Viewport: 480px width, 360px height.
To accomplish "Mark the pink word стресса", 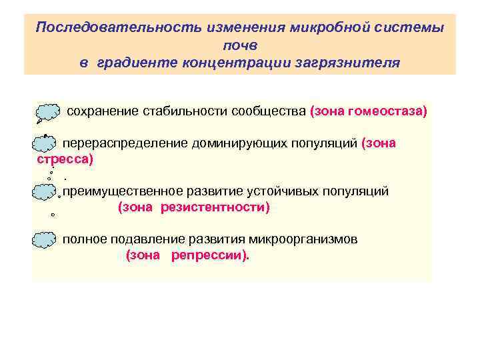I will [x=63, y=160].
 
